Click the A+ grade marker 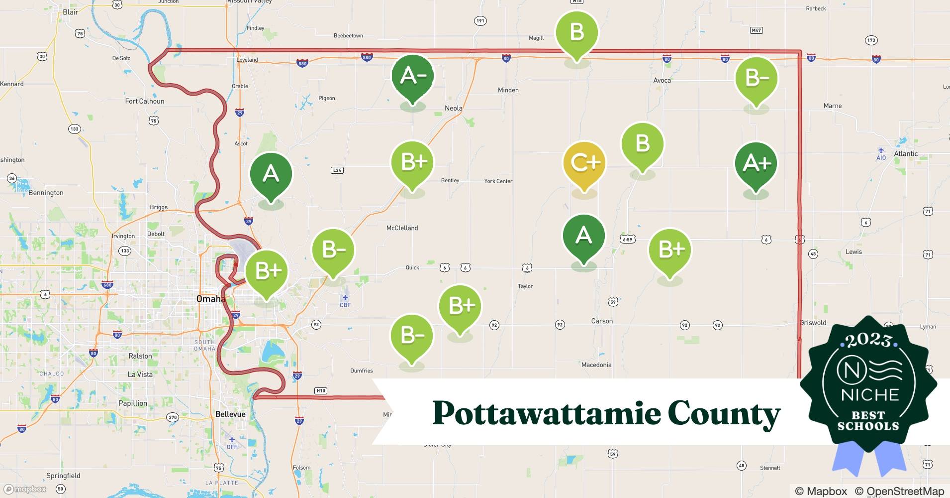[x=756, y=164]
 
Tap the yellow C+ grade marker [x=584, y=163]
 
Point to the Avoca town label [x=662, y=80]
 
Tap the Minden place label [x=508, y=90]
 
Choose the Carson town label [x=602, y=321]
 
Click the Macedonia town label [x=596, y=365]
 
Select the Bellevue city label [x=230, y=414]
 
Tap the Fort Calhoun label [x=144, y=101]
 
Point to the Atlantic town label [x=906, y=153]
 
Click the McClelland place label [x=402, y=228]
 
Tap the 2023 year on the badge [x=868, y=340]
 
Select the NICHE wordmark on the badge [x=870, y=395]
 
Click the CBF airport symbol [x=345, y=297]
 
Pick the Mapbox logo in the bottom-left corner [x=25, y=489]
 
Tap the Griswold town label [x=813, y=323]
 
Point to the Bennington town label [x=46, y=193]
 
